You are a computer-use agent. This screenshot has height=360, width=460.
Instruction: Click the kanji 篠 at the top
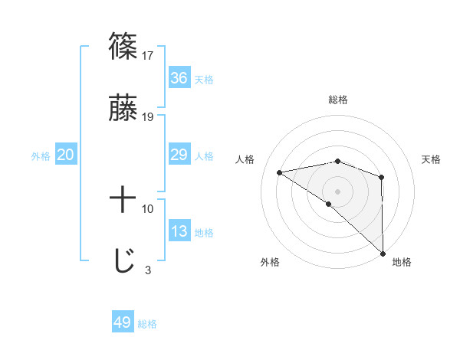(x=123, y=46)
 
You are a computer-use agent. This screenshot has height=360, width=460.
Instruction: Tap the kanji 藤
(x=123, y=108)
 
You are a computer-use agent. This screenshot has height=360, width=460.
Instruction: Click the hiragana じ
(x=123, y=261)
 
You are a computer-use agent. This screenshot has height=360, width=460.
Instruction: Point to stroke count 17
(x=148, y=55)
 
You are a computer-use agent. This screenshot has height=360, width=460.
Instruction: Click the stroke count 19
(x=148, y=117)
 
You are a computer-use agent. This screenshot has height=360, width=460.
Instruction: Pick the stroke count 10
(x=148, y=208)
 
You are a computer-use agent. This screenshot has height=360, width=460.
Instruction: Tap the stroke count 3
(x=147, y=270)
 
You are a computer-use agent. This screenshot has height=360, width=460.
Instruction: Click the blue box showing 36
(x=179, y=78)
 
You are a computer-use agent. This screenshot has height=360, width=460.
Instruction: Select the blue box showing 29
(x=179, y=155)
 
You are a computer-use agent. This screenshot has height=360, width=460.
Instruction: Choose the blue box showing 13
(x=179, y=232)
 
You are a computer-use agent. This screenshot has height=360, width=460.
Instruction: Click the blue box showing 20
(x=66, y=155)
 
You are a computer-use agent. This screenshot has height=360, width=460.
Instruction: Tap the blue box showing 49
(x=123, y=322)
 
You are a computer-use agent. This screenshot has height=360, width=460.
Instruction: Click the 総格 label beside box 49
(x=147, y=324)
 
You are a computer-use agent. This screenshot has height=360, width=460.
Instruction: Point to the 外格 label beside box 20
(x=41, y=156)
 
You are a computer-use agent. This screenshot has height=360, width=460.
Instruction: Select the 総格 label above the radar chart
(x=338, y=100)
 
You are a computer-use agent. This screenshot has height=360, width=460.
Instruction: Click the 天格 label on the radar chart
(x=431, y=159)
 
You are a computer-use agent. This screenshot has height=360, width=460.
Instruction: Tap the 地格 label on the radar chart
(x=402, y=263)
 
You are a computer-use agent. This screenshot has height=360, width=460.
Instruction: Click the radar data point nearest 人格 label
(x=280, y=172)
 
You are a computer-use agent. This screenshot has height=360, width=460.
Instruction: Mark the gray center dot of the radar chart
(x=337, y=191)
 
